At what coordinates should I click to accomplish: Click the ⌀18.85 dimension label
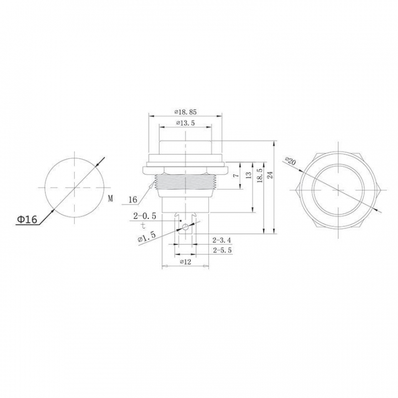(186, 112)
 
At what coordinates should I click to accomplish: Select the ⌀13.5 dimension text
(185, 123)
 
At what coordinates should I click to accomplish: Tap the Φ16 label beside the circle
(27, 219)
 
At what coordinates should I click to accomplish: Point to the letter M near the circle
(110, 198)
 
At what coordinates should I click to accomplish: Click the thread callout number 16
(133, 200)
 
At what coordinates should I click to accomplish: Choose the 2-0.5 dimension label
(145, 216)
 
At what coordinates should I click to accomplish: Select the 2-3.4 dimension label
(222, 240)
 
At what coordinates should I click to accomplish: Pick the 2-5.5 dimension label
(222, 250)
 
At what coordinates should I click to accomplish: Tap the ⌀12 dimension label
(185, 261)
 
